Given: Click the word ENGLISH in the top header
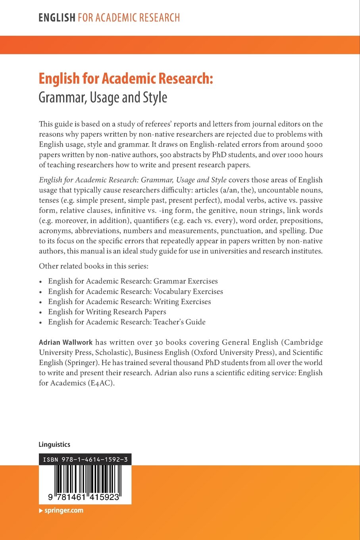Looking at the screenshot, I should point(57,18).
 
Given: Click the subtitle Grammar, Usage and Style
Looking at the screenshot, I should point(103,98).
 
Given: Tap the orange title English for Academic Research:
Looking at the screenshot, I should point(126,79).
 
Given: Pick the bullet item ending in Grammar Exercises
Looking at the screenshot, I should point(133,281).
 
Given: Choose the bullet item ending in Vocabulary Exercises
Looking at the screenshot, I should point(135,291).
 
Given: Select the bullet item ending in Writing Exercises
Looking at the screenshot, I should point(129,302).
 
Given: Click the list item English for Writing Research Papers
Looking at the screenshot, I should point(107,312).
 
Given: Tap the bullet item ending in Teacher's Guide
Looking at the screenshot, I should point(127,322).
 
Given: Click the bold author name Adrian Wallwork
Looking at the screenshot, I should point(65,342).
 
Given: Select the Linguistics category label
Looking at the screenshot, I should point(54,445).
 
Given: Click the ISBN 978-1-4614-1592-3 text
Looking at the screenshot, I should point(85,459).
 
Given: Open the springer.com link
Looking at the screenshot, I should point(64,511).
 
